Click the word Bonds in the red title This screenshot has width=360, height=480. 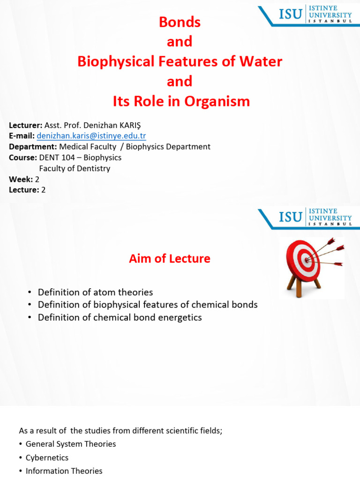(180, 22)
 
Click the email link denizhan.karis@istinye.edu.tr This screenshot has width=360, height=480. (91, 136)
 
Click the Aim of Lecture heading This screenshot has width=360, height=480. (170, 258)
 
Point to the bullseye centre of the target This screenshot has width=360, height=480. (307, 258)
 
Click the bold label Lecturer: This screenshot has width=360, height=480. (26, 125)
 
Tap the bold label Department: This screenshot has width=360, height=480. (33, 147)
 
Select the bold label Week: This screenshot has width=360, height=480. (21, 179)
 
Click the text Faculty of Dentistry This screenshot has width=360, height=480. (75, 168)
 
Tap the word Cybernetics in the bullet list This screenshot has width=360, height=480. (47, 457)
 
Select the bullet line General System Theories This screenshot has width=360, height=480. (71, 443)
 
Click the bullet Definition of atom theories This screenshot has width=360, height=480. (95, 292)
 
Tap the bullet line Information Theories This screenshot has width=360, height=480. (64, 471)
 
